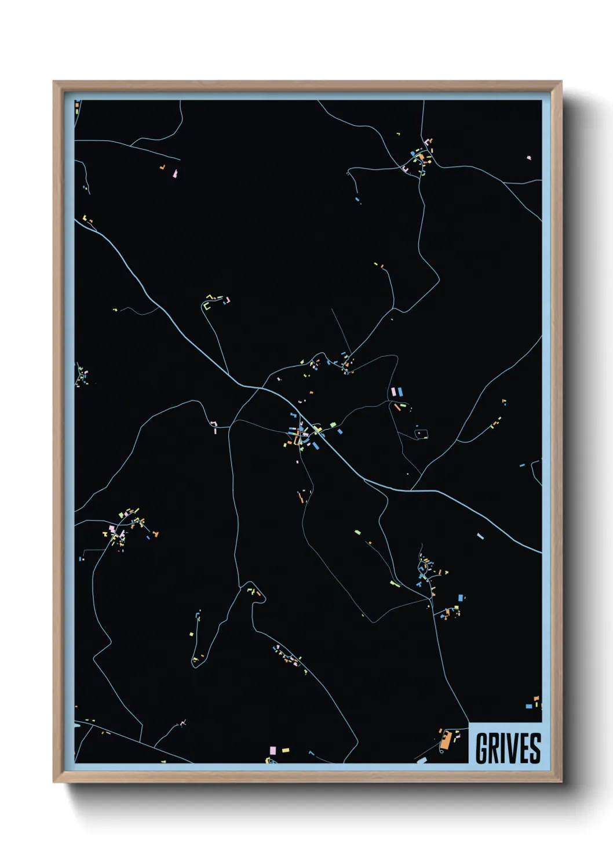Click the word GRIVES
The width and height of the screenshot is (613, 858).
click(508, 748)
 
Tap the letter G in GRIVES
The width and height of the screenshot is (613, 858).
click(481, 748)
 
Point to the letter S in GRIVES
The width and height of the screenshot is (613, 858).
click(535, 748)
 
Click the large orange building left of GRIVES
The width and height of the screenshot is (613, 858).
click(445, 740)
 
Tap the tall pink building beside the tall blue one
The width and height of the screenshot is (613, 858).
click(394, 392)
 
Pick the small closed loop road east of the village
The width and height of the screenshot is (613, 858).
click(421, 433)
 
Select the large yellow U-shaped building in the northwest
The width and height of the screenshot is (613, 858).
click(206, 306)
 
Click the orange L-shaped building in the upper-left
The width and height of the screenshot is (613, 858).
click(163, 168)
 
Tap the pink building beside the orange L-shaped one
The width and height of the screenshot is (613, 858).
click(175, 173)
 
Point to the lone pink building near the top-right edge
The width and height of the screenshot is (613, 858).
click(528, 157)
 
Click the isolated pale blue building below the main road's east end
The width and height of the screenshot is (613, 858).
click(480, 536)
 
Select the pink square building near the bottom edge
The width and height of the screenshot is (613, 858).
click(273, 750)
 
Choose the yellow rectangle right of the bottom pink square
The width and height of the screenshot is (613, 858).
click(285, 750)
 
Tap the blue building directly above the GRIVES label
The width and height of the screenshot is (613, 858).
click(528, 706)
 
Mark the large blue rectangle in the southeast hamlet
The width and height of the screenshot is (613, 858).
click(461, 597)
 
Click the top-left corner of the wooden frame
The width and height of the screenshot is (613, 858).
click(54, 82)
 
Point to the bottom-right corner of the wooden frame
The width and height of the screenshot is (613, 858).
click(561, 781)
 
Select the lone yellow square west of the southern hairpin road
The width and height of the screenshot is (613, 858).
click(191, 634)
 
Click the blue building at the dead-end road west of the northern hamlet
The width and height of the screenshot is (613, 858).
click(357, 199)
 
